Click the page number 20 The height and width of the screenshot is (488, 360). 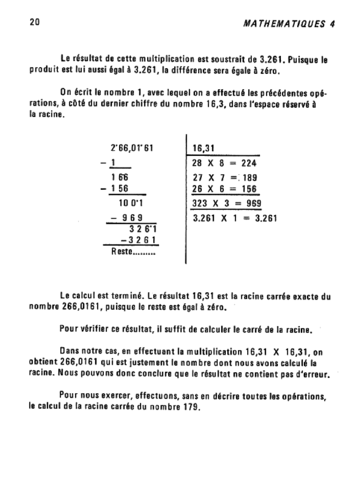point(34,22)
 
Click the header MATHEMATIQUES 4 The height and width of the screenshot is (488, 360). point(287,24)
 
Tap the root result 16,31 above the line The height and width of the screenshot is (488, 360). point(203,148)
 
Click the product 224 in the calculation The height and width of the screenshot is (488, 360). point(248,163)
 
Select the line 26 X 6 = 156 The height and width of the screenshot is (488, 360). point(224,189)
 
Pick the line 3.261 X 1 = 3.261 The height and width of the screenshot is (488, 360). point(234,219)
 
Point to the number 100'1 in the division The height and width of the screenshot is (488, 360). point(131,203)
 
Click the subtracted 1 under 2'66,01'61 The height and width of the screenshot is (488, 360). point(113,163)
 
